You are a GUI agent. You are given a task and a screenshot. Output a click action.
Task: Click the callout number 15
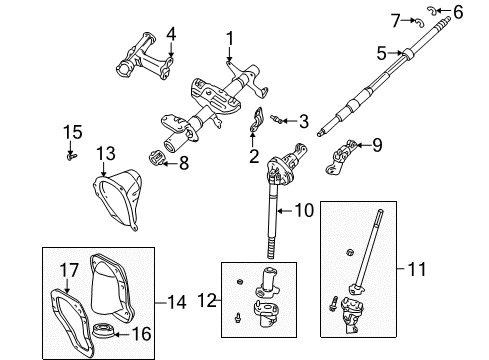(x=71, y=132)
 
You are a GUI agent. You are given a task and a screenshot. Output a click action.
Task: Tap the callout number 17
(x=67, y=269)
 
